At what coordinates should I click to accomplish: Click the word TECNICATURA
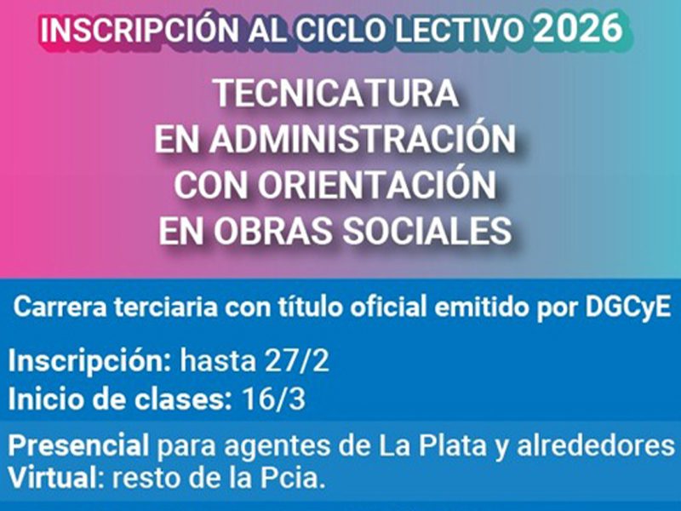336,93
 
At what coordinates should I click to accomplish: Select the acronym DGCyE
628,307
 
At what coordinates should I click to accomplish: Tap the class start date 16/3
273,398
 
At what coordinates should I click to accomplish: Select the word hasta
218,360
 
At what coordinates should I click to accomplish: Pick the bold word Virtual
52,478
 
